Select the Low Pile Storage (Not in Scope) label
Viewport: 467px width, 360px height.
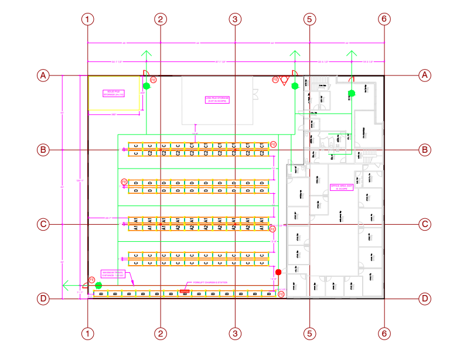click(x=217, y=100)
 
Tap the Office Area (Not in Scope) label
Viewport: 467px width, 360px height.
click(x=343, y=187)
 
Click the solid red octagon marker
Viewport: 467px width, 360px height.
click(x=278, y=272)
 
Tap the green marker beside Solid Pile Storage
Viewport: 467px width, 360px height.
click(x=146, y=86)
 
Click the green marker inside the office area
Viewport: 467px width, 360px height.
click(x=352, y=93)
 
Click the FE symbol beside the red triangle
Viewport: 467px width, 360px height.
click(x=275, y=79)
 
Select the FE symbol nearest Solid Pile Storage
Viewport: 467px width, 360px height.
click(x=154, y=79)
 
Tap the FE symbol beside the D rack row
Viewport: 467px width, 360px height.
click(x=124, y=182)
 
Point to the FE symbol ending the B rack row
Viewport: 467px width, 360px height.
click(x=281, y=294)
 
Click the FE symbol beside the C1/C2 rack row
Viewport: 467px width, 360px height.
click(x=273, y=144)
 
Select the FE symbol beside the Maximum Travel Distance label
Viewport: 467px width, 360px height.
click(x=92, y=280)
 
